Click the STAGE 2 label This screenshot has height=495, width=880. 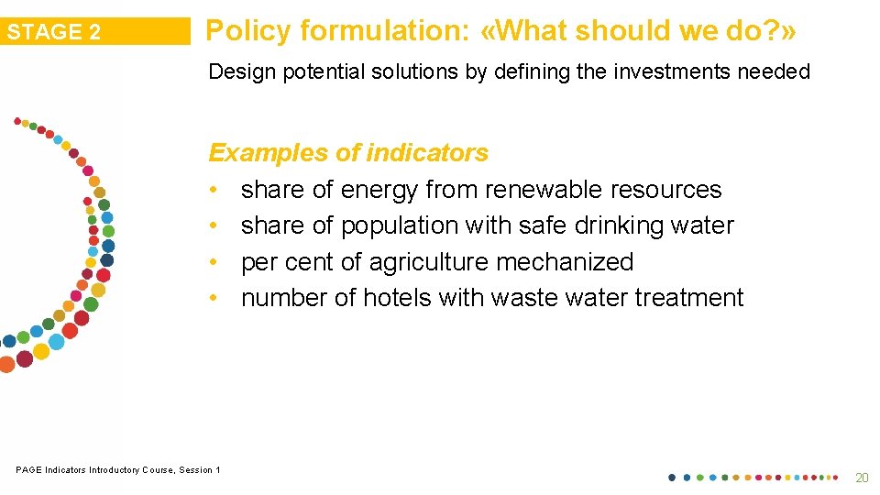(x=54, y=32)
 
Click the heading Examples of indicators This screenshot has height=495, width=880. (x=348, y=152)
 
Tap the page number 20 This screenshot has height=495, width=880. (x=861, y=478)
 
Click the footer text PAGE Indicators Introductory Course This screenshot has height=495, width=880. (x=117, y=470)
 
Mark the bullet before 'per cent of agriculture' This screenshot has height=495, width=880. (x=213, y=262)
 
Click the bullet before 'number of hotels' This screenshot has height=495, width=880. (x=213, y=298)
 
